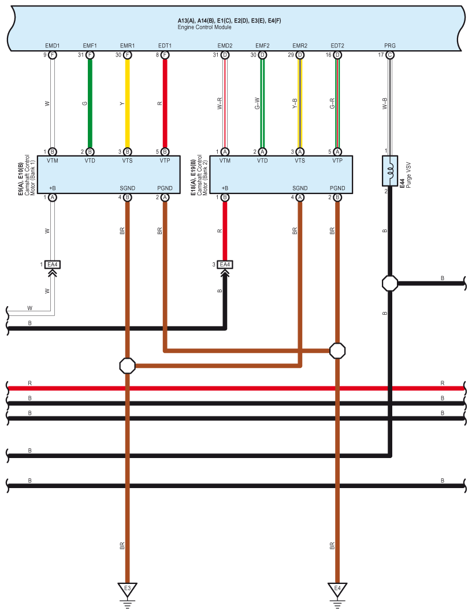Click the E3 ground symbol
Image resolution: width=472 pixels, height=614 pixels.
click(x=128, y=590)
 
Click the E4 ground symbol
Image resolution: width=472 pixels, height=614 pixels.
click(x=337, y=590)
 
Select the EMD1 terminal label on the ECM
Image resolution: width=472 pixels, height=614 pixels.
click(x=53, y=46)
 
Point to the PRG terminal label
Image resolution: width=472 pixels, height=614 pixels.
click(x=390, y=46)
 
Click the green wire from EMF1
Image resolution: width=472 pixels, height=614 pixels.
click(x=90, y=104)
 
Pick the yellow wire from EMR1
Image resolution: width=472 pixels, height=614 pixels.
click(x=128, y=104)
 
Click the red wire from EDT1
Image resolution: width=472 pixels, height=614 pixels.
click(x=165, y=104)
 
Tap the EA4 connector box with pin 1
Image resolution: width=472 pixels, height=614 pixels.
click(x=53, y=265)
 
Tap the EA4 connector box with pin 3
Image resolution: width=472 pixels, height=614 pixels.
click(x=225, y=265)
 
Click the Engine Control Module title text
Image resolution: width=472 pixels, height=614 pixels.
click(x=205, y=27)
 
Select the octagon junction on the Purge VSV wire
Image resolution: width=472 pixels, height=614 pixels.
click(x=390, y=284)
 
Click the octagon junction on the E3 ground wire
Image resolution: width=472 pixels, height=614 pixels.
click(x=128, y=366)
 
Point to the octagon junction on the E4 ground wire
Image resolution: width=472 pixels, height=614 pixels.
click(x=337, y=350)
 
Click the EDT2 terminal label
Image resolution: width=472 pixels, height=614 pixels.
click(x=337, y=46)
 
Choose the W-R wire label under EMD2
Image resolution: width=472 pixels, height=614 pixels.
click(x=219, y=104)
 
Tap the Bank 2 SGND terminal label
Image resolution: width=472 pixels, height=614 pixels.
click(x=300, y=188)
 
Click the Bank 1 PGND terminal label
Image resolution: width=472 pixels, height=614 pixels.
click(x=165, y=188)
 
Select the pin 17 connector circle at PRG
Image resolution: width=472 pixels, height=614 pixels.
click(x=390, y=55)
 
